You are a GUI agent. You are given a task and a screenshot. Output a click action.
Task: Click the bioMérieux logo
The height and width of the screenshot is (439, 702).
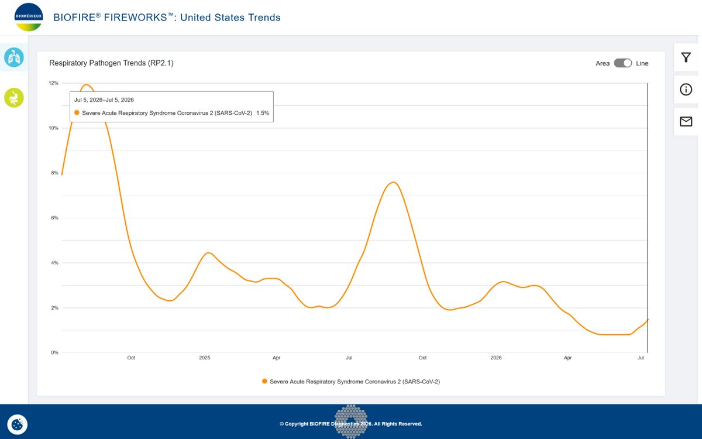pos(29,17)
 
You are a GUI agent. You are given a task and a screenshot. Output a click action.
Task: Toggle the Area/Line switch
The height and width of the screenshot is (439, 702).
pos(622,63)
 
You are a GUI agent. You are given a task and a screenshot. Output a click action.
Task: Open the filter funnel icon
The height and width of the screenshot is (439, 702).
pos(686,57)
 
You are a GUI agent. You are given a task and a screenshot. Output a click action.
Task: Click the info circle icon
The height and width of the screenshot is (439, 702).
pos(686,90)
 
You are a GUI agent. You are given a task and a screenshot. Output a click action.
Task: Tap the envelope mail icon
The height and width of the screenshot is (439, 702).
pos(686,121)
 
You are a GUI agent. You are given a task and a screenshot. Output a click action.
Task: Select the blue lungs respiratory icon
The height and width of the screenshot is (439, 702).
pos(14,57)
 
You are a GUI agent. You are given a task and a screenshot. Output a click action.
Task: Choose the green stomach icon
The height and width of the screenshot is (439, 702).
pos(14,98)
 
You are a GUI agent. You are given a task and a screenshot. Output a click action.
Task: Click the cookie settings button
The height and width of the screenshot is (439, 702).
pos(17,424)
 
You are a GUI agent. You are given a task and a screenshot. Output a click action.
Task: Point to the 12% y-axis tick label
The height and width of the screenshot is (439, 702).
pos(53,83)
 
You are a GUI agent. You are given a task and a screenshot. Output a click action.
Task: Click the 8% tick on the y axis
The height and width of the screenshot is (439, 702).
pos(54,173)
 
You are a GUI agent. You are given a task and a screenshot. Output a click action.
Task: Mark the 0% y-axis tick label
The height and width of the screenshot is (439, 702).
pos(54,352)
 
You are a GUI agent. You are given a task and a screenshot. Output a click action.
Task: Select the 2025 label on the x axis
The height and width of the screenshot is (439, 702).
pos(205,358)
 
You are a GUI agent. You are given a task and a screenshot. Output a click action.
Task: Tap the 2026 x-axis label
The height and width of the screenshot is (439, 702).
pos(496,358)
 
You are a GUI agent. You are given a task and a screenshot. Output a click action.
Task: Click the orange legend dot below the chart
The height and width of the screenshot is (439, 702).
pos(264,381)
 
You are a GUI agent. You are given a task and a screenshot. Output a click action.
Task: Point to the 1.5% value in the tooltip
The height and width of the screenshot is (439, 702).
pos(263,113)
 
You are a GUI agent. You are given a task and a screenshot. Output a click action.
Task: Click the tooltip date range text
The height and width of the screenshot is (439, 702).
pos(104,100)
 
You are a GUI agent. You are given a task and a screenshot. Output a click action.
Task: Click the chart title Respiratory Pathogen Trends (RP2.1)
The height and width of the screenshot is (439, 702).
pos(111,63)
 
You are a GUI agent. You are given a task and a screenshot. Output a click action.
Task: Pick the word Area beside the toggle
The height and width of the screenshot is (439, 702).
pos(603,63)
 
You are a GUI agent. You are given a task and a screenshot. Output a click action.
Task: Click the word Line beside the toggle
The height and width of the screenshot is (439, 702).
pos(642,63)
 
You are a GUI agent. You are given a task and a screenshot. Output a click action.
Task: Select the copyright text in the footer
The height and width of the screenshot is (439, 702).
pos(350,424)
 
